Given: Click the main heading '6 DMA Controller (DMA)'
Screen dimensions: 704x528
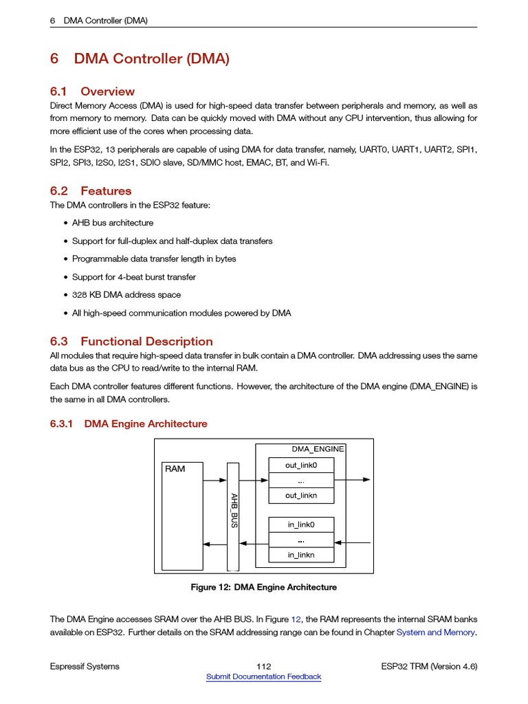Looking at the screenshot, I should (140, 59).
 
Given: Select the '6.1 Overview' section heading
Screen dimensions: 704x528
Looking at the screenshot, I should (92, 91).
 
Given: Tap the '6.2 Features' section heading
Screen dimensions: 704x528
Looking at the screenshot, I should (91, 191).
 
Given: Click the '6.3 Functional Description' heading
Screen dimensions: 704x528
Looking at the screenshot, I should (131, 342).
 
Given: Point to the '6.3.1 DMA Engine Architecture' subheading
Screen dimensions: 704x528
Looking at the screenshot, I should (129, 424).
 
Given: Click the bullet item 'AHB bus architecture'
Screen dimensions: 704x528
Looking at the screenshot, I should (113, 223).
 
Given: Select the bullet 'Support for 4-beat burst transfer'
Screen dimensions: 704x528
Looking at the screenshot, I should (134, 277).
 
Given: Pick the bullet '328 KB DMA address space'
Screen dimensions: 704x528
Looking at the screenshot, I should (126, 295).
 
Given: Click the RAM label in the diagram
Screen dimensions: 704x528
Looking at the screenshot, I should (175, 469).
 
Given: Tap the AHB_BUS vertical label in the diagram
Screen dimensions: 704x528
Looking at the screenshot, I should (234, 510).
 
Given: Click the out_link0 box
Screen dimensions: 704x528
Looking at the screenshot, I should (301, 465).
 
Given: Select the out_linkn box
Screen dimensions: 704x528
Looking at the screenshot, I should (301, 495).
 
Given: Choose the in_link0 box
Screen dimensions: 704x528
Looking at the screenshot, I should (301, 525).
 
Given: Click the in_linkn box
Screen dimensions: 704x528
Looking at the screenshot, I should (301, 554).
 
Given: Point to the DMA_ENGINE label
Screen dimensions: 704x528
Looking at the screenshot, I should (317, 449).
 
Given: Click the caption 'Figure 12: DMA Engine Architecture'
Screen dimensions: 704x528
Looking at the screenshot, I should (263, 588).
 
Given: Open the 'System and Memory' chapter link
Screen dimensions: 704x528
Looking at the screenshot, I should (435, 632).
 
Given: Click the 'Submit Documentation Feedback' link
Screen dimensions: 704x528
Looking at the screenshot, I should (263, 677).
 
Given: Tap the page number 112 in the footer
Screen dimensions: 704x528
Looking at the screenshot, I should (263, 666).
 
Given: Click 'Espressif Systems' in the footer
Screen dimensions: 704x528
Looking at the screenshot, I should (85, 666).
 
